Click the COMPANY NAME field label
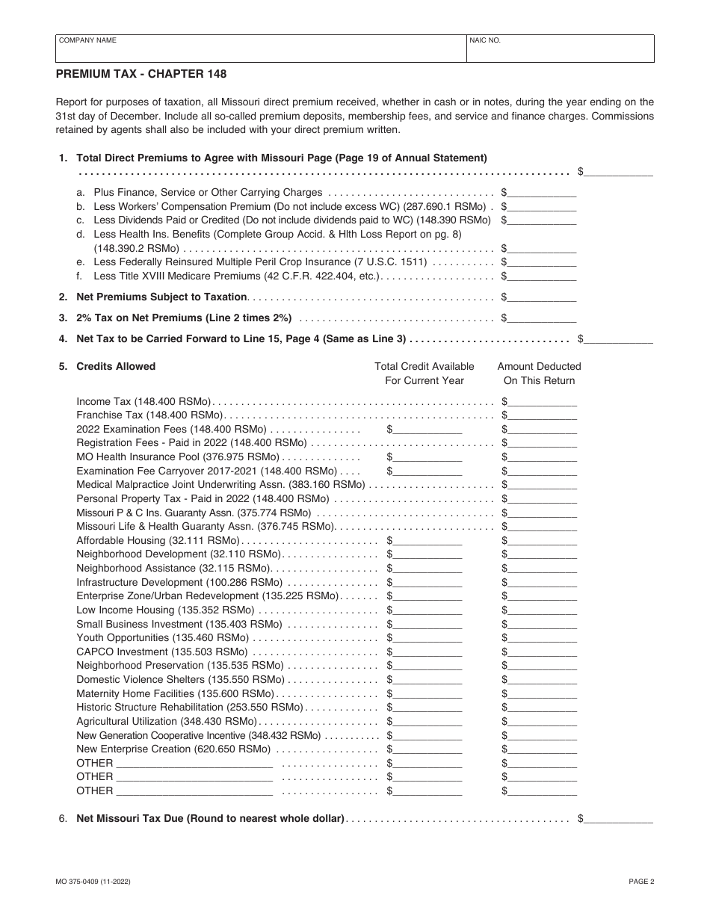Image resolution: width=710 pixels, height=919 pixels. pos(87,40)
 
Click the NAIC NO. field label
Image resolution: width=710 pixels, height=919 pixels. pos(485,40)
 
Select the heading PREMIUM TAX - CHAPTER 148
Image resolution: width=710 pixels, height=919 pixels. pos(141,74)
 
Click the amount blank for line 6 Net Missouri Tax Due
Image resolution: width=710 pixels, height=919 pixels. pos(618,819)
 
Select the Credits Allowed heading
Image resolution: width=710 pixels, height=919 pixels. pos(116,366)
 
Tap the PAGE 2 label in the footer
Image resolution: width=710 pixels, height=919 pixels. pos(641,882)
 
